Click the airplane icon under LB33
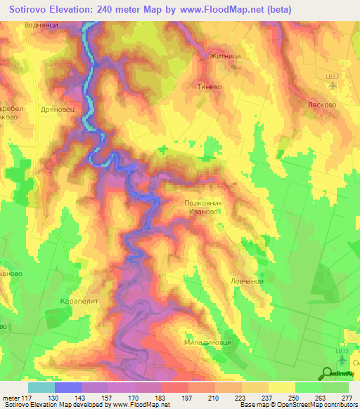pos(333,88)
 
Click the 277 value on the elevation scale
pos(347,398)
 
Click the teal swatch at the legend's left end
pos(41,387)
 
